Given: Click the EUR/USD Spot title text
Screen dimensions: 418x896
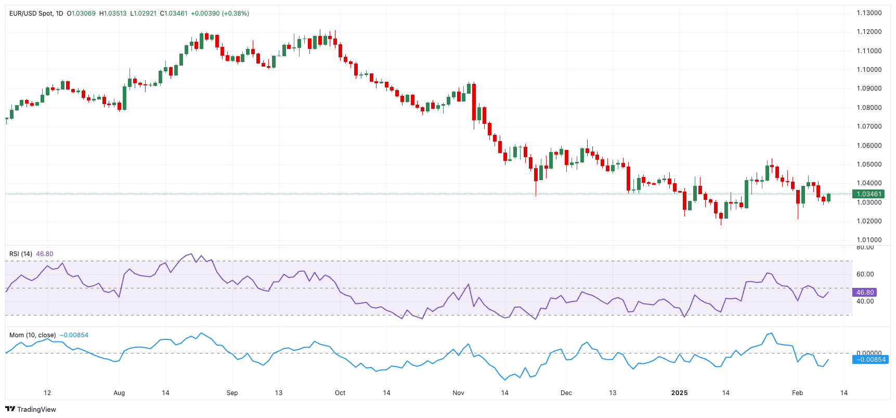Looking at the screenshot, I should [x=31, y=14].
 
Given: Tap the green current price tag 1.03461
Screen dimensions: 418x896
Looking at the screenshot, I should [x=869, y=194].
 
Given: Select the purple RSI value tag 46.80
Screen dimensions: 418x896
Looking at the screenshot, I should [x=865, y=293].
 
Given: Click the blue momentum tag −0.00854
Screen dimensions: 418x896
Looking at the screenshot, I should [x=871, y=360].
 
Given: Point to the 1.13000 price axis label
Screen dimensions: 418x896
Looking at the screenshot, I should [x=869, y=13].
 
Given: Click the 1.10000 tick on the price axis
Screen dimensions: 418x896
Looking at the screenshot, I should [x=869, y=70].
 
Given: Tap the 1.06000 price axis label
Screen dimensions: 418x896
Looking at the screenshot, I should [x=869, y=146].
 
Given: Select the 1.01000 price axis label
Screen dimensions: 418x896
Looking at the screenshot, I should [x=869, y=240].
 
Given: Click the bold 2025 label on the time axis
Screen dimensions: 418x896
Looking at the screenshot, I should [x=679, y=393].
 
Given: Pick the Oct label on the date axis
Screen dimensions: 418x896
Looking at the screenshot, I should [x=340, y=393].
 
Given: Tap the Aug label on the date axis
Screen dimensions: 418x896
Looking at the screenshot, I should [x=119, y=393].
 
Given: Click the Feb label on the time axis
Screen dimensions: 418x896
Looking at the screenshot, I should [x=797, y=393].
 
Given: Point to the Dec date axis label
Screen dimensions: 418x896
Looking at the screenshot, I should [x=566, y=393].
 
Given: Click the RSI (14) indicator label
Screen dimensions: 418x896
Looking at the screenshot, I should [x=21, y=254].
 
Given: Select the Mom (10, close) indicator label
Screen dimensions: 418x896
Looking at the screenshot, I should [x=32, y=335].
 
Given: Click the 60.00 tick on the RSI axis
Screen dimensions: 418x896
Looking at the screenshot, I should [x=865, y=274].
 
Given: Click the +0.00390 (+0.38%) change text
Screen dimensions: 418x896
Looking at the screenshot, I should [x=220, y=14].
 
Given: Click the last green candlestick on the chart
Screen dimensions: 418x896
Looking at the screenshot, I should [x=828, y=197].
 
